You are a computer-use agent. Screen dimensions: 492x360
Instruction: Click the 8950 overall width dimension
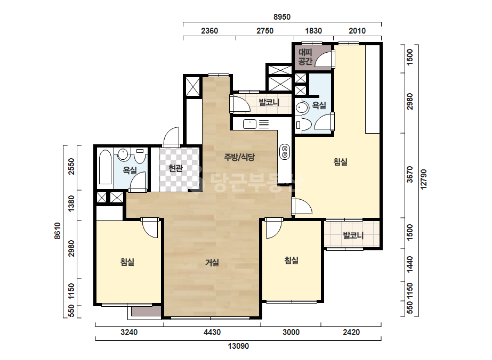point(282,17)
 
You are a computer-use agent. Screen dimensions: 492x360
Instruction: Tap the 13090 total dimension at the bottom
point(238,346)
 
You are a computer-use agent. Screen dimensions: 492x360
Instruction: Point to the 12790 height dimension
point(424,179)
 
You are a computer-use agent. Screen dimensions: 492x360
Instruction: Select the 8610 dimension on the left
point(58,231)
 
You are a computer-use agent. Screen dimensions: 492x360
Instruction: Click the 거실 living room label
point(212,263)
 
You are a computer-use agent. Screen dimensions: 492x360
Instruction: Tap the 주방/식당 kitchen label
point(239,157)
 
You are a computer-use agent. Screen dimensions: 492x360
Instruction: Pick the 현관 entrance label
point(175,168)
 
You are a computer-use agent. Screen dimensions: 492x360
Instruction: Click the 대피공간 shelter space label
point(305,57)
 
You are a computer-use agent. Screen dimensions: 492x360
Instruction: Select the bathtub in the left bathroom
point(105,167)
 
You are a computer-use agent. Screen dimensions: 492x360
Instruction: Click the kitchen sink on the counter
point(250,124)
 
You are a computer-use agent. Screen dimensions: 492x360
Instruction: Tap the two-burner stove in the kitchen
point(285,151)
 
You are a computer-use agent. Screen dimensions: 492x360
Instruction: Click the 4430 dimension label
point(212,332)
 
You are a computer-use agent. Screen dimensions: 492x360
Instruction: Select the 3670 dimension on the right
point(410,174)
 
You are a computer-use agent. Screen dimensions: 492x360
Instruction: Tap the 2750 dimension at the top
point(265,31)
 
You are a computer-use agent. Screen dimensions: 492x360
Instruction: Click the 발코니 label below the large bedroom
point(353,235)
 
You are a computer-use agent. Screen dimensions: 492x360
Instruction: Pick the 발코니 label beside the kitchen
point(269,102)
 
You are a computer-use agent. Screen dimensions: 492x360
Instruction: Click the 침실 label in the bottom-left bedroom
point(127,261)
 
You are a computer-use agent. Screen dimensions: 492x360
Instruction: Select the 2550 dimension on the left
point(71,167)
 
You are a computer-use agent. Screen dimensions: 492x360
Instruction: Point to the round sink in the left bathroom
point(123,154)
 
